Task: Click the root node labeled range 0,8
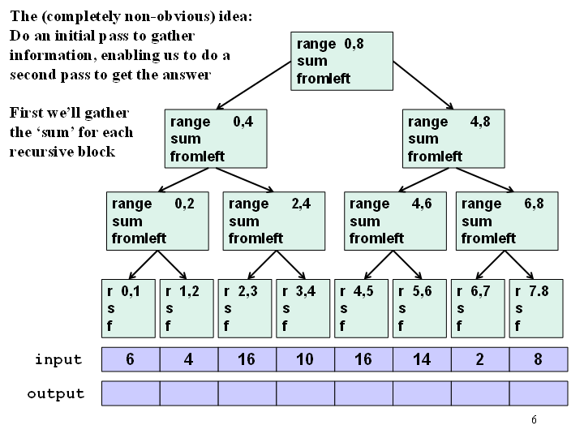pyautogui.click(x=341, y=61)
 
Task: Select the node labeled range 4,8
pyautogui.click(x=453, y=139)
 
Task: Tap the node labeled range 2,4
pyautogui.click(x=274, y=221)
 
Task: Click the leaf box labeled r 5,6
pyautogui.click(x=419, y=308)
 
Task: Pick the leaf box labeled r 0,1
pyautogui.click(x=128, y=308)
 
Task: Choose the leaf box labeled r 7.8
pyautogui.click(x=536, y=308)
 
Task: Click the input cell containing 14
pyautogui.click(x=422, y=359)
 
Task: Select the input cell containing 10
pyautogui.click(x=305, y=359)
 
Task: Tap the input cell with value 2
pyautogui.click(x=480, y=359)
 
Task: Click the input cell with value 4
pyautogui.click(x=188, y=359)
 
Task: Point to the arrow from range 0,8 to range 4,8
pyautogui.click(x=423, y=85)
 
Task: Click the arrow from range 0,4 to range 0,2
pyautogui.click(x=183, y=180)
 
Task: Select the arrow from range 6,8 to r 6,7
pyautogui.click(x=490, y=264)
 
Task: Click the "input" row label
pyautogui.click(x=58, y=360)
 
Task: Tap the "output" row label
pyautogui.click(x=56, y=393)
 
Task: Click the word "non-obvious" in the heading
pyautogui.click(x=170, y=16)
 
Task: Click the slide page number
pyautogui.click(x=534, y=420)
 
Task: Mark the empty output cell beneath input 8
pyautogui.click(x=539, y=393)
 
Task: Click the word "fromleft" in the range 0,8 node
pyautogui.click(x=324, y=79)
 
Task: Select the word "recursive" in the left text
pyautogui.click(x=41, y=152)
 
